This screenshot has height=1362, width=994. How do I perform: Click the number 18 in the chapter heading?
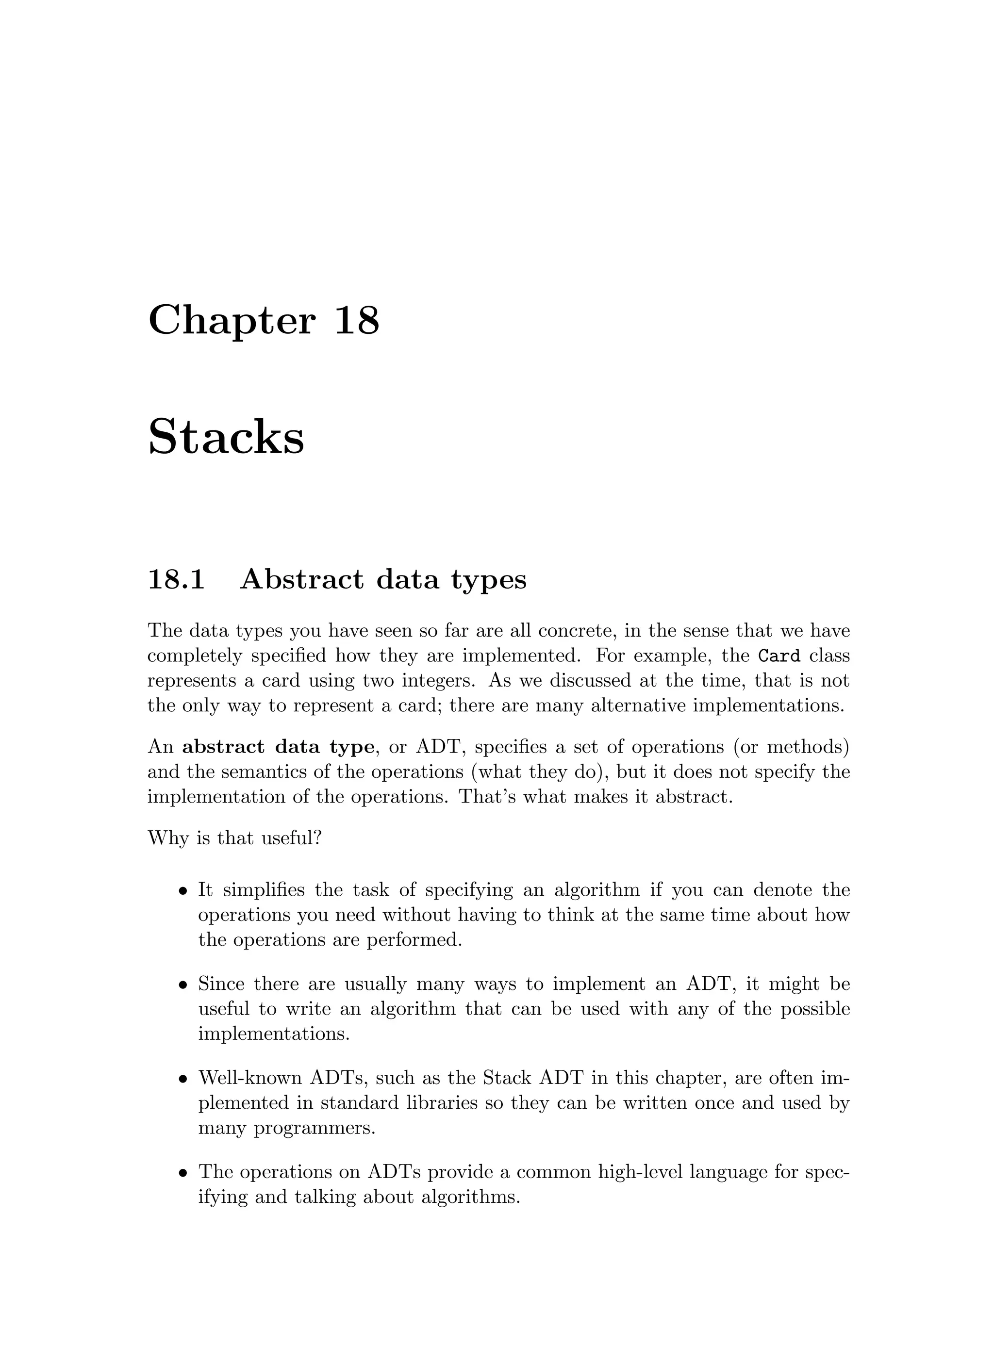coord(356,320)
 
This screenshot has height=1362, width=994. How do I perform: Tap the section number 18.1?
coord(176,579)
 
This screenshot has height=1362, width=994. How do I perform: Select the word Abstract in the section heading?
coord(302,579)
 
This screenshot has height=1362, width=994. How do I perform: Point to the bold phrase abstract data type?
coord(278,747)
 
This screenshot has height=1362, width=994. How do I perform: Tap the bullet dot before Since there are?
coord(183,986)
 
